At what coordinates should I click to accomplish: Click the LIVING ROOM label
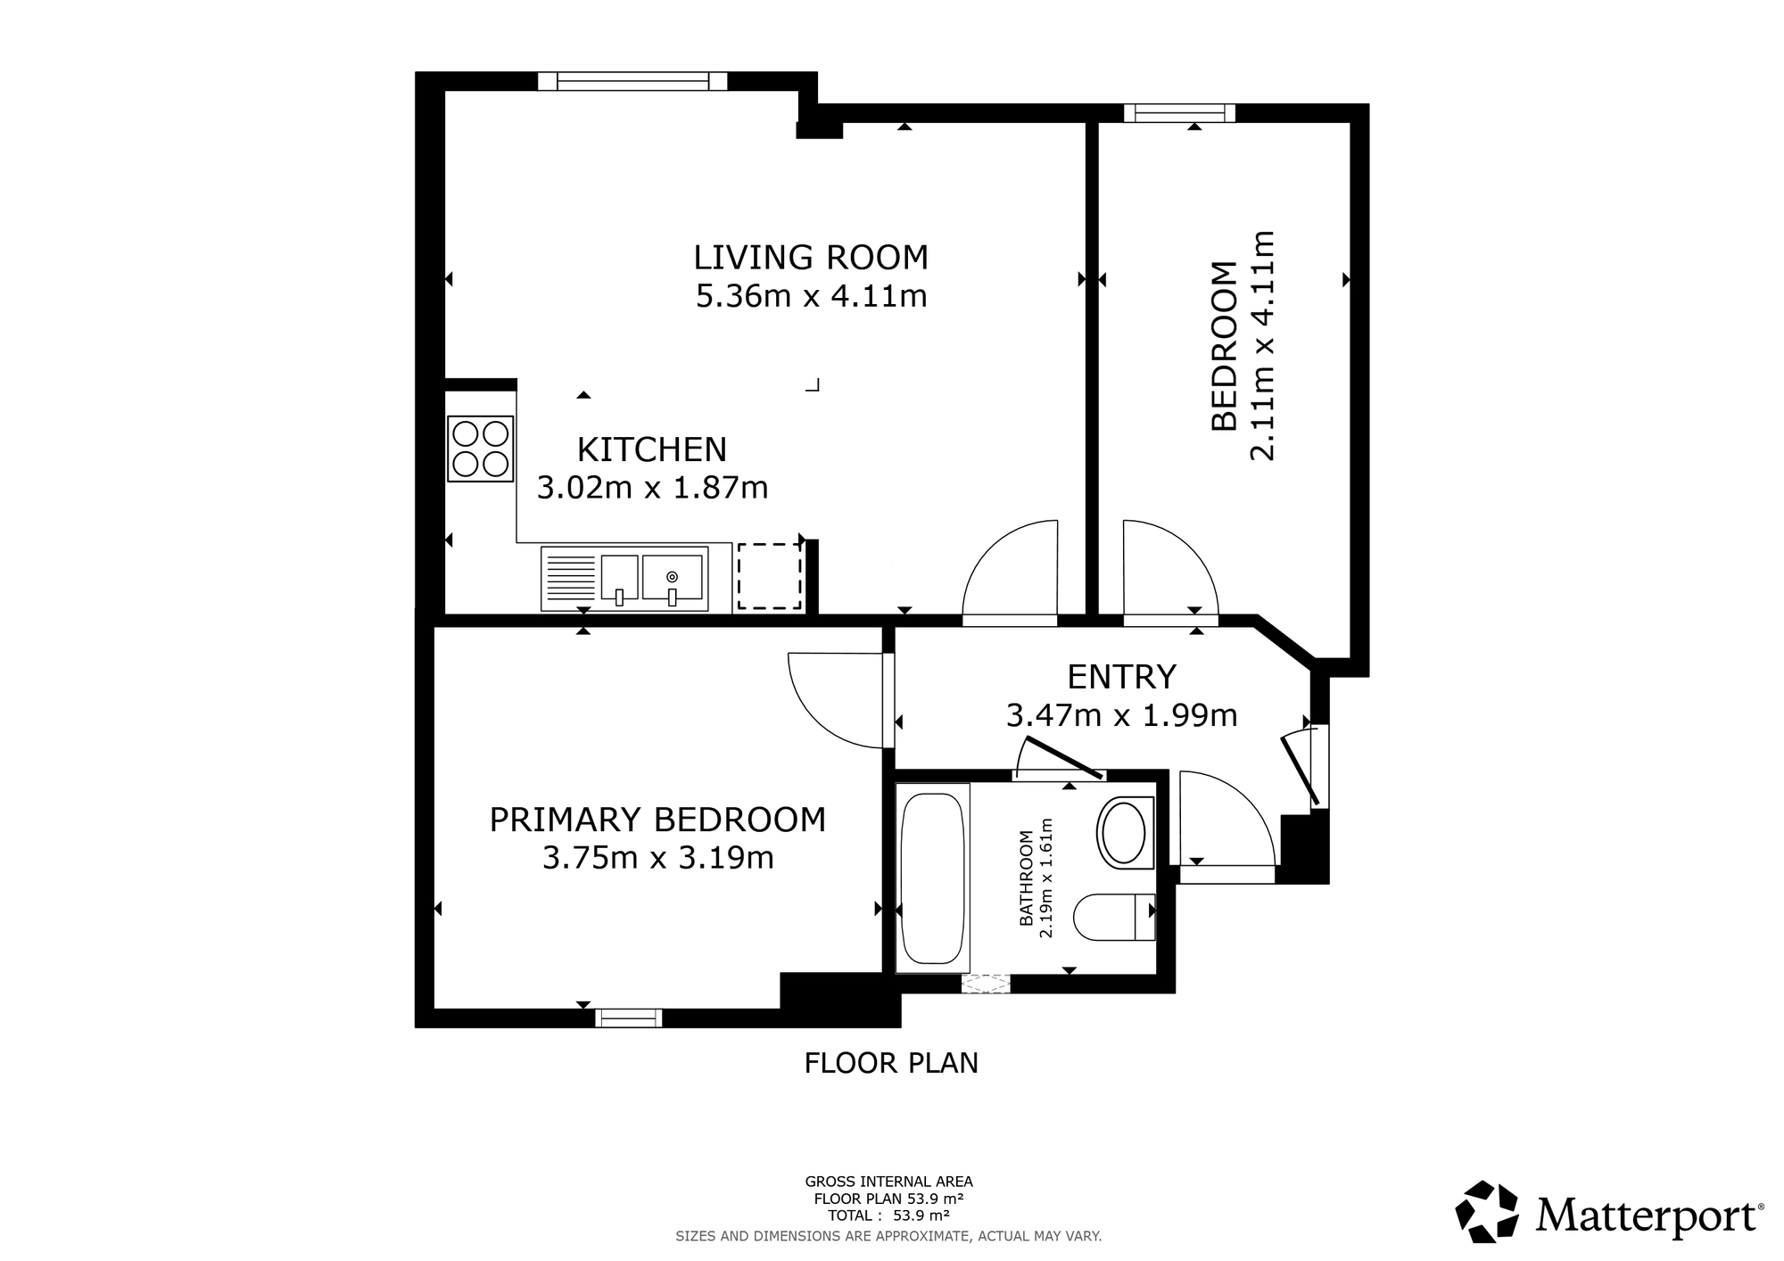pyautogui.click(x=811, y=258)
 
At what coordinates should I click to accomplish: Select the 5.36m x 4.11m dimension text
pyautogui.click(x=811, y=296)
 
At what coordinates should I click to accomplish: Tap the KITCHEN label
pyautogui.click(x=652, y=449)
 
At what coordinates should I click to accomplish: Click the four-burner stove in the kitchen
pyautogui.click(x=481, y=449)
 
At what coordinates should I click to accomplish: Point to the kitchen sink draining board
pyautogui.click(x=569, y=578)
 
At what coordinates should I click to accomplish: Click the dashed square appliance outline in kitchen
pyautogui.click(x=769, y=576)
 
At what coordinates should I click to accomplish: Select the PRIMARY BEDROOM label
pyautogui.click(x=657, y=820)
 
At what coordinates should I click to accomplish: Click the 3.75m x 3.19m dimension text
pyautogui.click(x=657, y=858)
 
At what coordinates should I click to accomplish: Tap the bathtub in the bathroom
pyautogui.click(x=932, y=878)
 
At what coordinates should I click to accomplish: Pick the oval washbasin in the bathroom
pyautogui.click(x=1124, y=832)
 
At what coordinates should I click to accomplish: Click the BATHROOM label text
pyautogui.click(x=1027, y=878)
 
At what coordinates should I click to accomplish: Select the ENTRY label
pyautogui.click(x=1121, y=677)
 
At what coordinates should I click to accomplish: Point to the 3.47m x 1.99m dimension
pyautogui.click(x=1121, y=715)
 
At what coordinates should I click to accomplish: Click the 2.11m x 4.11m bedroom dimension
pyautogui.click(x=1262, y=345)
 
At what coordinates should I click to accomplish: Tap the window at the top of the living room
pyautogui.click(x=632, y=81)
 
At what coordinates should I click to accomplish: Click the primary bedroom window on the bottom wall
pyautogui.click(x=629, y=1018)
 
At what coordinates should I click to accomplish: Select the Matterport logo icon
pyautogui.click(x=1487, y=1211)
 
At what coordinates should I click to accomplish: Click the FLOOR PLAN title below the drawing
pyautogui.click(x=891, y=1063)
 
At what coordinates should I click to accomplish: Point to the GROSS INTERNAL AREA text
pyautogui.click(x=888, y=1183)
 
